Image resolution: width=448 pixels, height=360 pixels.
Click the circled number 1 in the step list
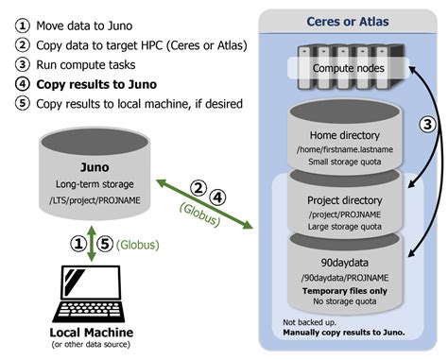pos(21,25)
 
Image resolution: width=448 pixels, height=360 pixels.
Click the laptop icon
pos(91,295)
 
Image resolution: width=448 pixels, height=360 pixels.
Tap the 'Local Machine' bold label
pos(91,333)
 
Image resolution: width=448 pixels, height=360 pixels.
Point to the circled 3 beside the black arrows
pos(426,124)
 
